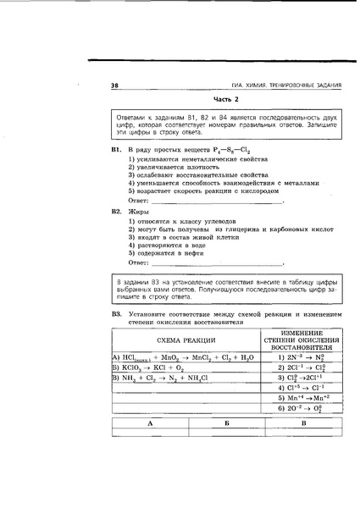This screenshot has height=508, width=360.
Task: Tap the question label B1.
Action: (118, 147)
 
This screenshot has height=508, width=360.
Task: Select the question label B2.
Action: (118, 211)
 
